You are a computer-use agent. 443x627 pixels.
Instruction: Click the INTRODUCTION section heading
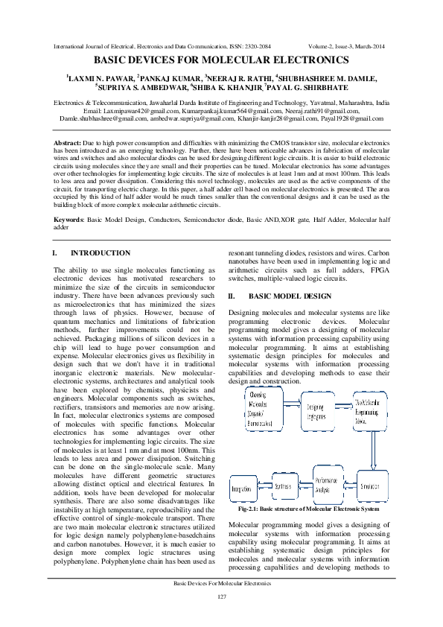point(105,253)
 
